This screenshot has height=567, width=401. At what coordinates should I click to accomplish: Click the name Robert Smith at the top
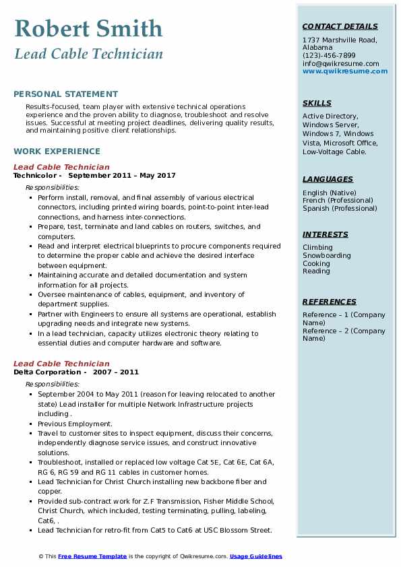(88, 28)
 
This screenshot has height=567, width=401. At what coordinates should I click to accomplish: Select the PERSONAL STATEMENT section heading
(65, 94)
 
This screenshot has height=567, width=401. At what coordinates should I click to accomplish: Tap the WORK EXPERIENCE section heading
(57, 152)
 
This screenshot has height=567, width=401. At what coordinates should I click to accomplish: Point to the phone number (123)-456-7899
(329, 56)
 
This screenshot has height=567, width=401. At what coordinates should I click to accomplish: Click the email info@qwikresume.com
(340, 63)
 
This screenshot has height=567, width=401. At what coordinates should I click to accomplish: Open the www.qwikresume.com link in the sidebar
(345, 71)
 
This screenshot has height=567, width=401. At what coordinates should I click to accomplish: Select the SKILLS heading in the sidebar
(317, 103)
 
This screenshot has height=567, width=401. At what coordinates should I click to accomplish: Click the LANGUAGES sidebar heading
(328, 179)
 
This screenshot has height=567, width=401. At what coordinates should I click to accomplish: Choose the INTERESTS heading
(326, 234)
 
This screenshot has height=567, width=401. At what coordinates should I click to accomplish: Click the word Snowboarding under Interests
(327, 255)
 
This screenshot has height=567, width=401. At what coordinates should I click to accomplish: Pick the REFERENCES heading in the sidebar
(329, 302)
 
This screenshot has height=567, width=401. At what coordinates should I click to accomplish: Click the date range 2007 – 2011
(115, 372)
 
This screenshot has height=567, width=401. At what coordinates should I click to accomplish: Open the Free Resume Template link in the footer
(92, 556)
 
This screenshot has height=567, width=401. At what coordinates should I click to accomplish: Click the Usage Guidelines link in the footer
(256, 556)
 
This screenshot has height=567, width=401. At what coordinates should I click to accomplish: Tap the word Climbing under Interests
(317, 247)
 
